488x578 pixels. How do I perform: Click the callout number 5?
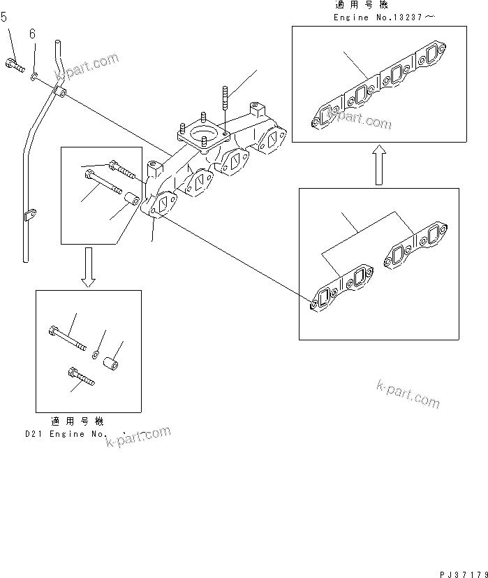(4, 17)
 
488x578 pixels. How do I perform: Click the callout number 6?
(32, 34)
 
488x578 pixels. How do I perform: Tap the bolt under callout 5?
(13, 64)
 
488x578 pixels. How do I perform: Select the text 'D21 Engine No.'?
(66, 433)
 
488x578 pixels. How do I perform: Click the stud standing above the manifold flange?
(225, 97)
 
